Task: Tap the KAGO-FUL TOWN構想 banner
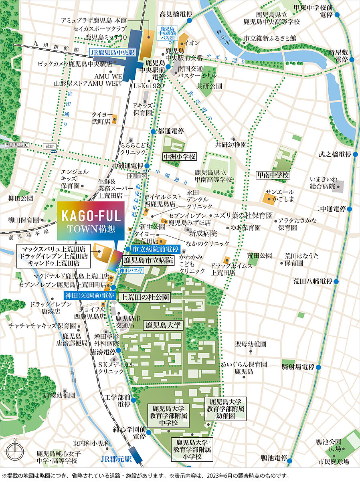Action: click(91, 220)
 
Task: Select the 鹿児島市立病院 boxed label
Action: click(148, 261)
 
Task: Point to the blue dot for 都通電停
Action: click(153, 131)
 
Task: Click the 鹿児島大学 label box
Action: click(163, 325)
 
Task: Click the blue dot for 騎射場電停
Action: click(318, 367)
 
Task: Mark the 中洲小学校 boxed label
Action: click(179, 156)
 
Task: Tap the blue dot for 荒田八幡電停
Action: click(336, 282)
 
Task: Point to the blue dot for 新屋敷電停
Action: click(352, 59)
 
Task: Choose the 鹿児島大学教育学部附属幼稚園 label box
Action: click(226, 408)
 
